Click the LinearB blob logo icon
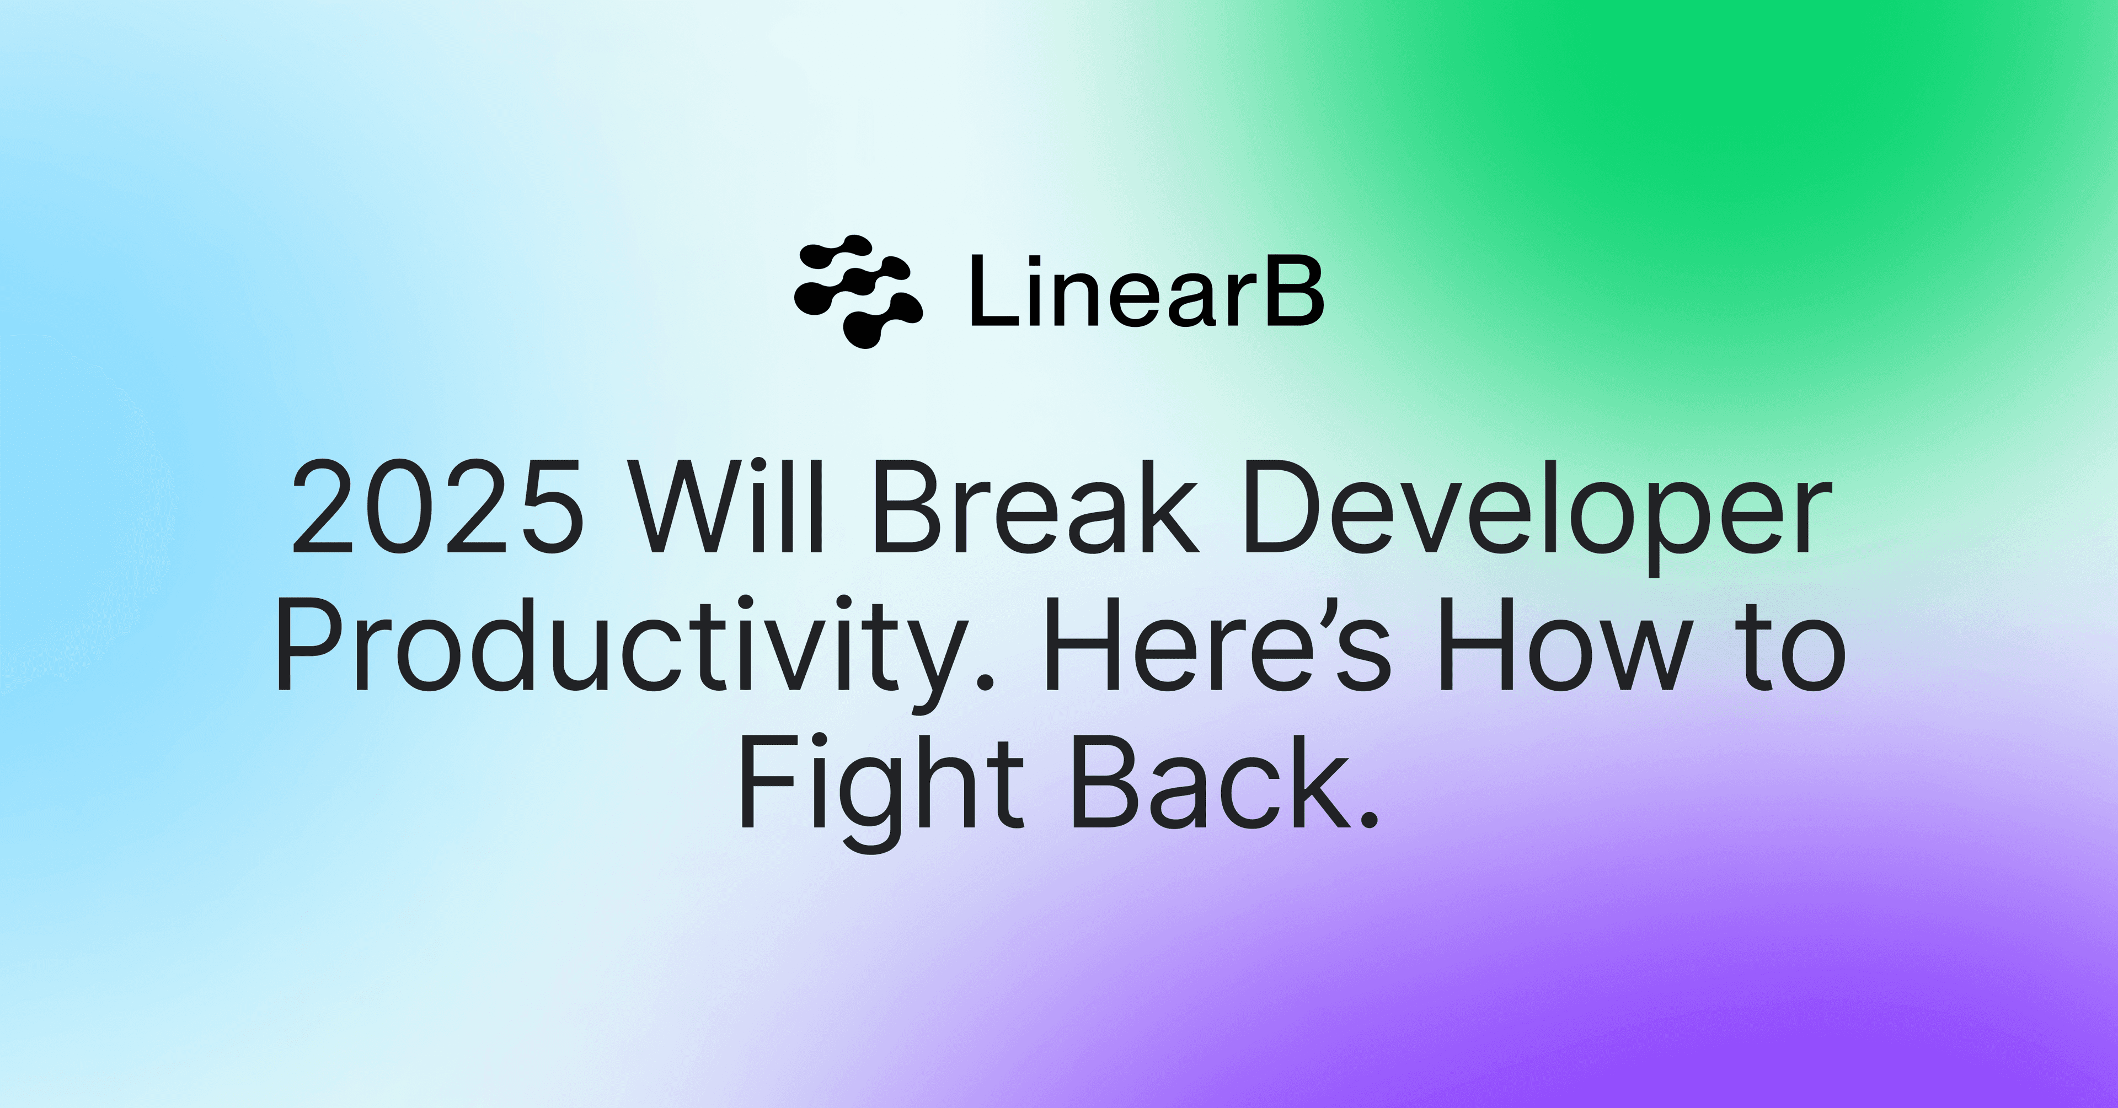[858, 291]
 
